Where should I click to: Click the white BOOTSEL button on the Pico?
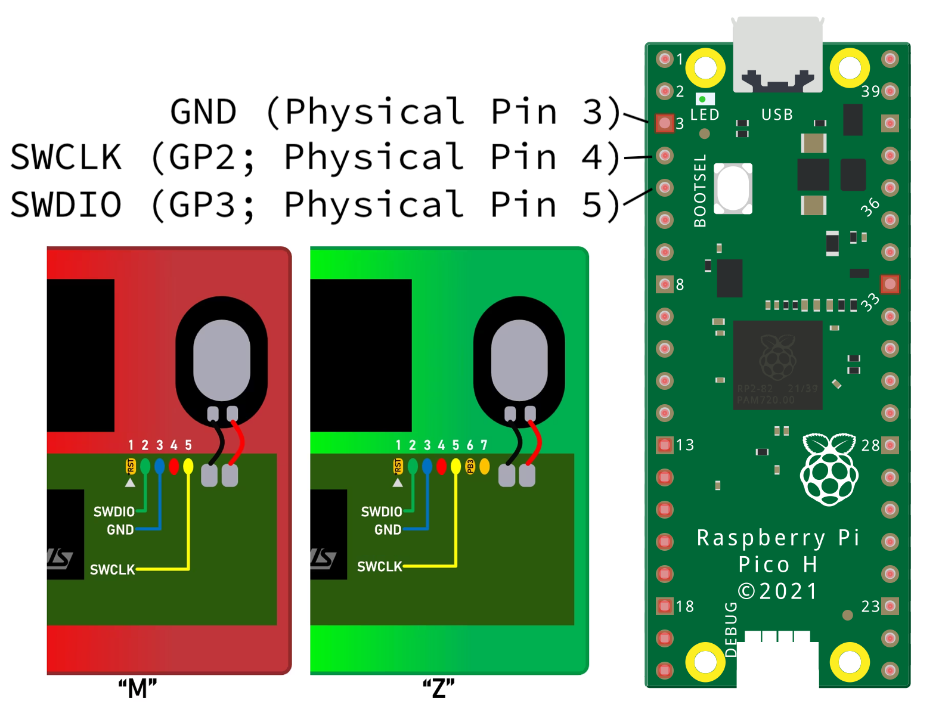tap(733, 188)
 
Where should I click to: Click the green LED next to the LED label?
tap(703, 99)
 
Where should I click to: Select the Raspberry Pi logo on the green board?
tap(829, 469)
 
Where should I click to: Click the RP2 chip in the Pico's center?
tap(777, 364)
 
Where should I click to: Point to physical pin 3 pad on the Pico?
tap(664, 123)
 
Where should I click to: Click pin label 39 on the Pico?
tap(870, 91)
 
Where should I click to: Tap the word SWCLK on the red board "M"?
tap(112, 569)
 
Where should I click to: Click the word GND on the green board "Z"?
tap(388, 529)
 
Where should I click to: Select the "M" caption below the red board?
tap(137, 689)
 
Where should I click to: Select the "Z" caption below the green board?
tap(438, 689)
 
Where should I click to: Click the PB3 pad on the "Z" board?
tap(470, 466)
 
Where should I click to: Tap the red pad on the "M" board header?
tap(173, 466)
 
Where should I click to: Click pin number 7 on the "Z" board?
tap(484, 445)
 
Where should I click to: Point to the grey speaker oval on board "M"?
tap(222, 360)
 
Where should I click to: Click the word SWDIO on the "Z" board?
tap(382, 511)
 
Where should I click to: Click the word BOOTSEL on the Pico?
tap(700, 191)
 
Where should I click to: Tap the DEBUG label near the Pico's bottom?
tap(731, 630)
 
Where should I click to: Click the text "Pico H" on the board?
tap(777, 564)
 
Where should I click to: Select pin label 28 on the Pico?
tap(870, 445)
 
